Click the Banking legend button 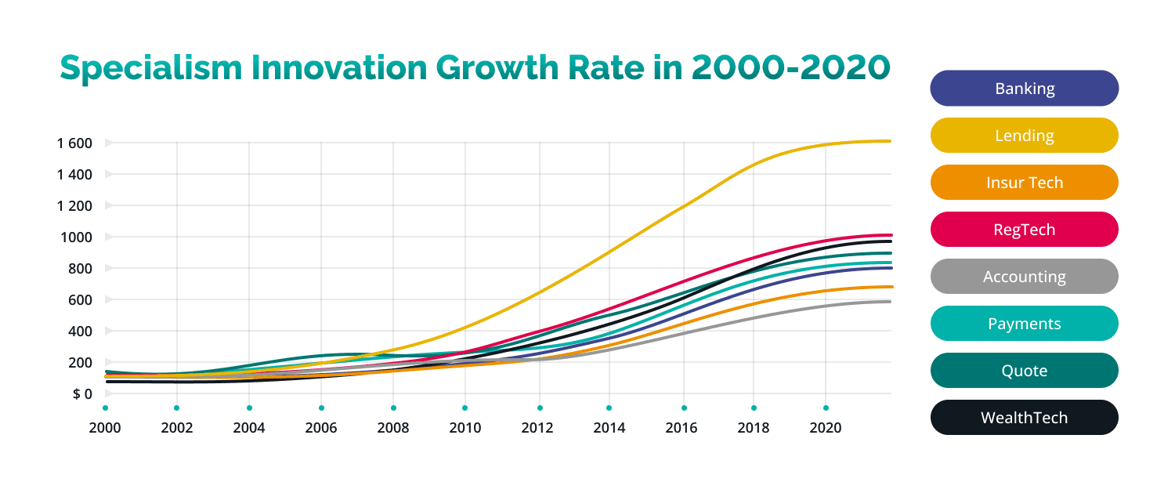[1024, 89]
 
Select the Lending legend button [1024, 136]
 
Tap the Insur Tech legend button [1024, 183]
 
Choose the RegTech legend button [1024, 230]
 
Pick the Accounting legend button [1024, 277]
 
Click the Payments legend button [1024, 324]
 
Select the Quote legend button [1024, 371]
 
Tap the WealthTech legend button [1024, 418]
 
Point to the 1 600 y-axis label [74, 143]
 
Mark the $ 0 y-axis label [82, 394]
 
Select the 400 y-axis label [81, 332]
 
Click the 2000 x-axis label [105, 429]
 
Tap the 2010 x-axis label [465, 429]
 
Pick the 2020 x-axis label [826, 429]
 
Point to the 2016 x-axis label [684, 429]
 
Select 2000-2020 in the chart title [790, 68]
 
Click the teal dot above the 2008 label [393, 408]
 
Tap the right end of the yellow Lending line [890, 141]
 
